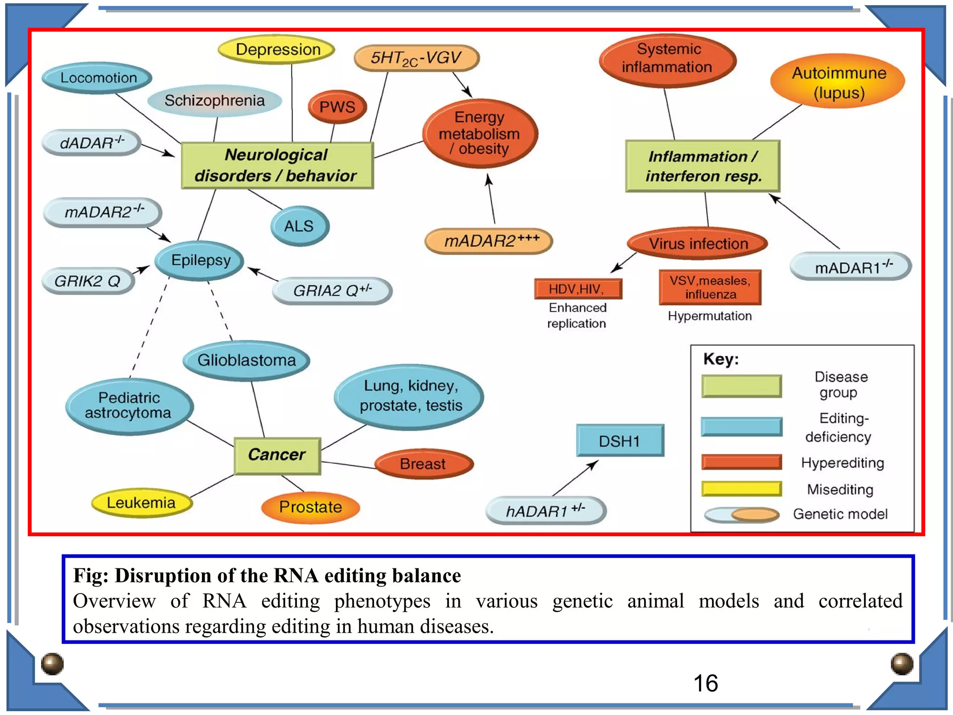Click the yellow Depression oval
click(277, 49)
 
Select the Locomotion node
click(98, 78)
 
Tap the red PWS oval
click(337, 107)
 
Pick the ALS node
click(299, 226)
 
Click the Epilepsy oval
click(200, 260)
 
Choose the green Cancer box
click(277, 455)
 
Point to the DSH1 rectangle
click(619, 440)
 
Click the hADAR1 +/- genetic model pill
click(545, 511)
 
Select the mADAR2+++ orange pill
click(489, 241)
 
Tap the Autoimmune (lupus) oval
click(838, 82)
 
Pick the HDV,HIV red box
click(577, 289)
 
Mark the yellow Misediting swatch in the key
click(741, 488)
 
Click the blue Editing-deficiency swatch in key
click(741, 426)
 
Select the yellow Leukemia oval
click(141, 503)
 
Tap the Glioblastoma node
click(246, 360)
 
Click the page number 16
click(705, 683)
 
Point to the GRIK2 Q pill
click(88, 281)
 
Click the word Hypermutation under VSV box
click(709, 316)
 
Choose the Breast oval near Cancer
click(423, 464)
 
